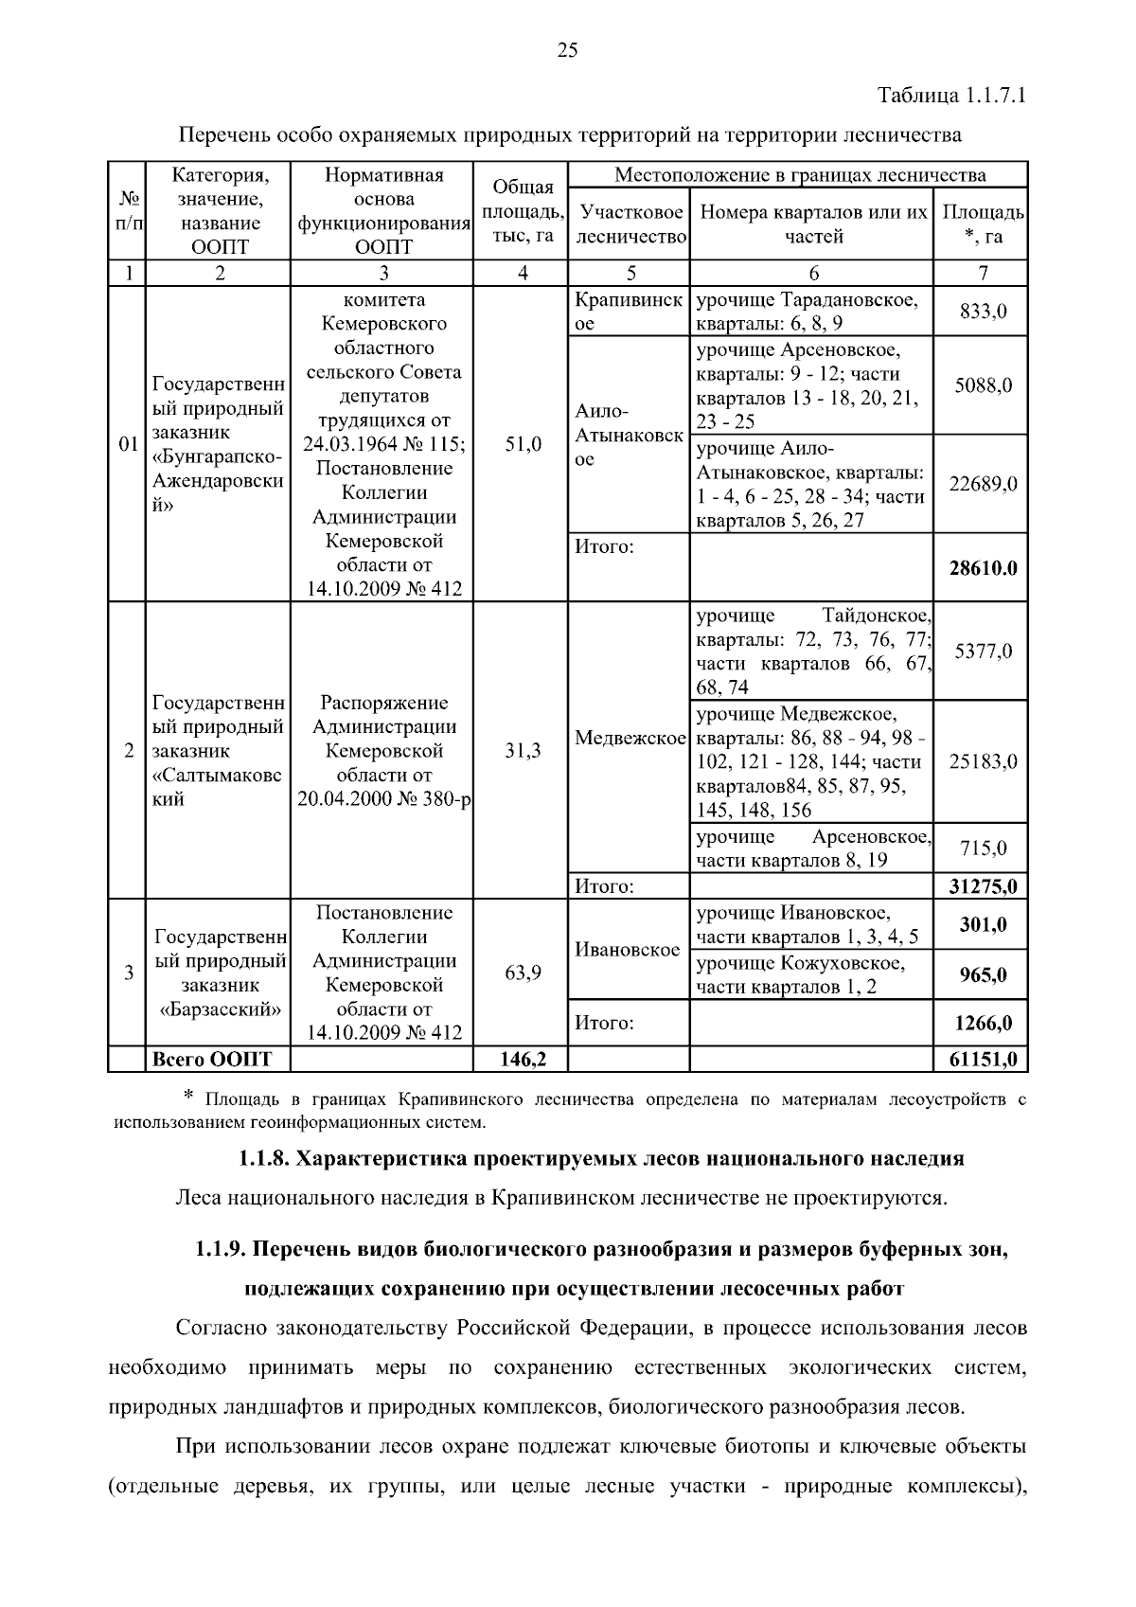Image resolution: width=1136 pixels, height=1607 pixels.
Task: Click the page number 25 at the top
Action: [x=567, y=51]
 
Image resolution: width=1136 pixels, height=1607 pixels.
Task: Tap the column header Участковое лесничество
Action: [x=630, y=223]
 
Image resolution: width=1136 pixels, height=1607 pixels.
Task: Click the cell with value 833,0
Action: [x=983, y=312]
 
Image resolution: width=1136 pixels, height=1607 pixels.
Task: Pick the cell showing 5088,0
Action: [x=983, y=385]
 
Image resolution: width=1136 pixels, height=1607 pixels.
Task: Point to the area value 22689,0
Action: [x=983, y=484]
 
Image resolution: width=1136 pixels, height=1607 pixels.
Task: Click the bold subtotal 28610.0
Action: [x=983, y=568]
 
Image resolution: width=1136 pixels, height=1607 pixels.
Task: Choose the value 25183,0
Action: [x=983, y=761]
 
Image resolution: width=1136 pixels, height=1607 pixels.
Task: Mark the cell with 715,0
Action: [x=983, y=848]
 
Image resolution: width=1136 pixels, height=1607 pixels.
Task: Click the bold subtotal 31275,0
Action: [x=983, y=887]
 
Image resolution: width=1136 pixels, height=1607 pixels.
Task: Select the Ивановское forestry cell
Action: [x=628, y=950]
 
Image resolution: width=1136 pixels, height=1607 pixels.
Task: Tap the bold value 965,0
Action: [x=983, y=975]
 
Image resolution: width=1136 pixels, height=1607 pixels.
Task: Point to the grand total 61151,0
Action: [x=983, y=1060]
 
